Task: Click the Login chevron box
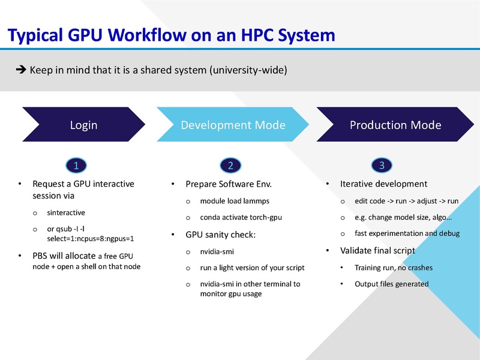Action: (83, 125)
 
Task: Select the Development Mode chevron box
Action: (233, 125)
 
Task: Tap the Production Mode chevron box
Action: (395, 125)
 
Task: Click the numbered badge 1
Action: (75, 165)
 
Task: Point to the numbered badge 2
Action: (230, 165)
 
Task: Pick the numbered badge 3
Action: (382, 165)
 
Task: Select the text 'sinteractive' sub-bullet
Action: (66, 212)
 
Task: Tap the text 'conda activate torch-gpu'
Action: (241, 217)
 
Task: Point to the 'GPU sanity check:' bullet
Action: (220, 235)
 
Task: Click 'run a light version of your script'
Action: (252, 268)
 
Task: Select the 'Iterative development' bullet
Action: (383, 184)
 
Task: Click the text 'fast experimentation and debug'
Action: (407, 233)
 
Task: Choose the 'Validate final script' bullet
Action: (377, 250)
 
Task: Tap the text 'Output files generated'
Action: (391, 284)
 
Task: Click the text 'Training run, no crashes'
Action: (393, 268)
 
